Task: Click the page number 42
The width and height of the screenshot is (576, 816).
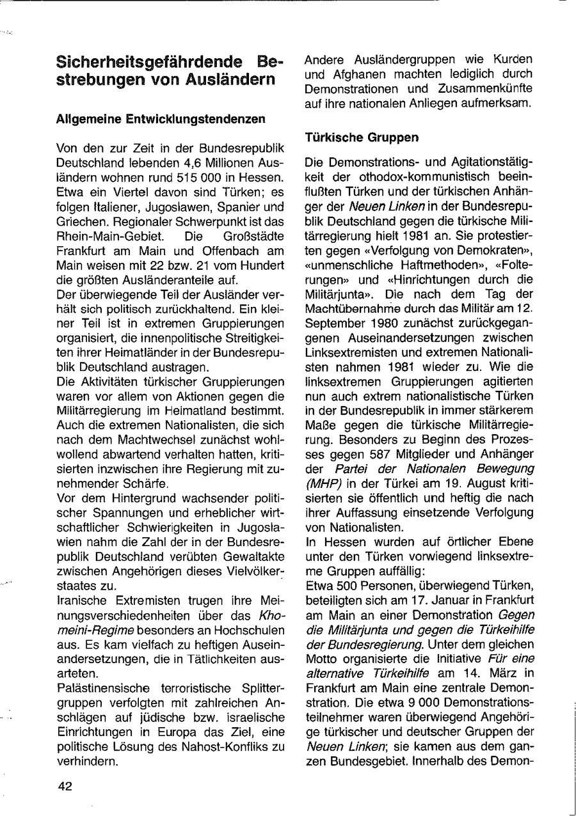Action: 64,787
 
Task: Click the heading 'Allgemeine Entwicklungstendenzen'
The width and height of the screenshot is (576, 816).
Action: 161,119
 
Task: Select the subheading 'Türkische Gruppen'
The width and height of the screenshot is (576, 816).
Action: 362,137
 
